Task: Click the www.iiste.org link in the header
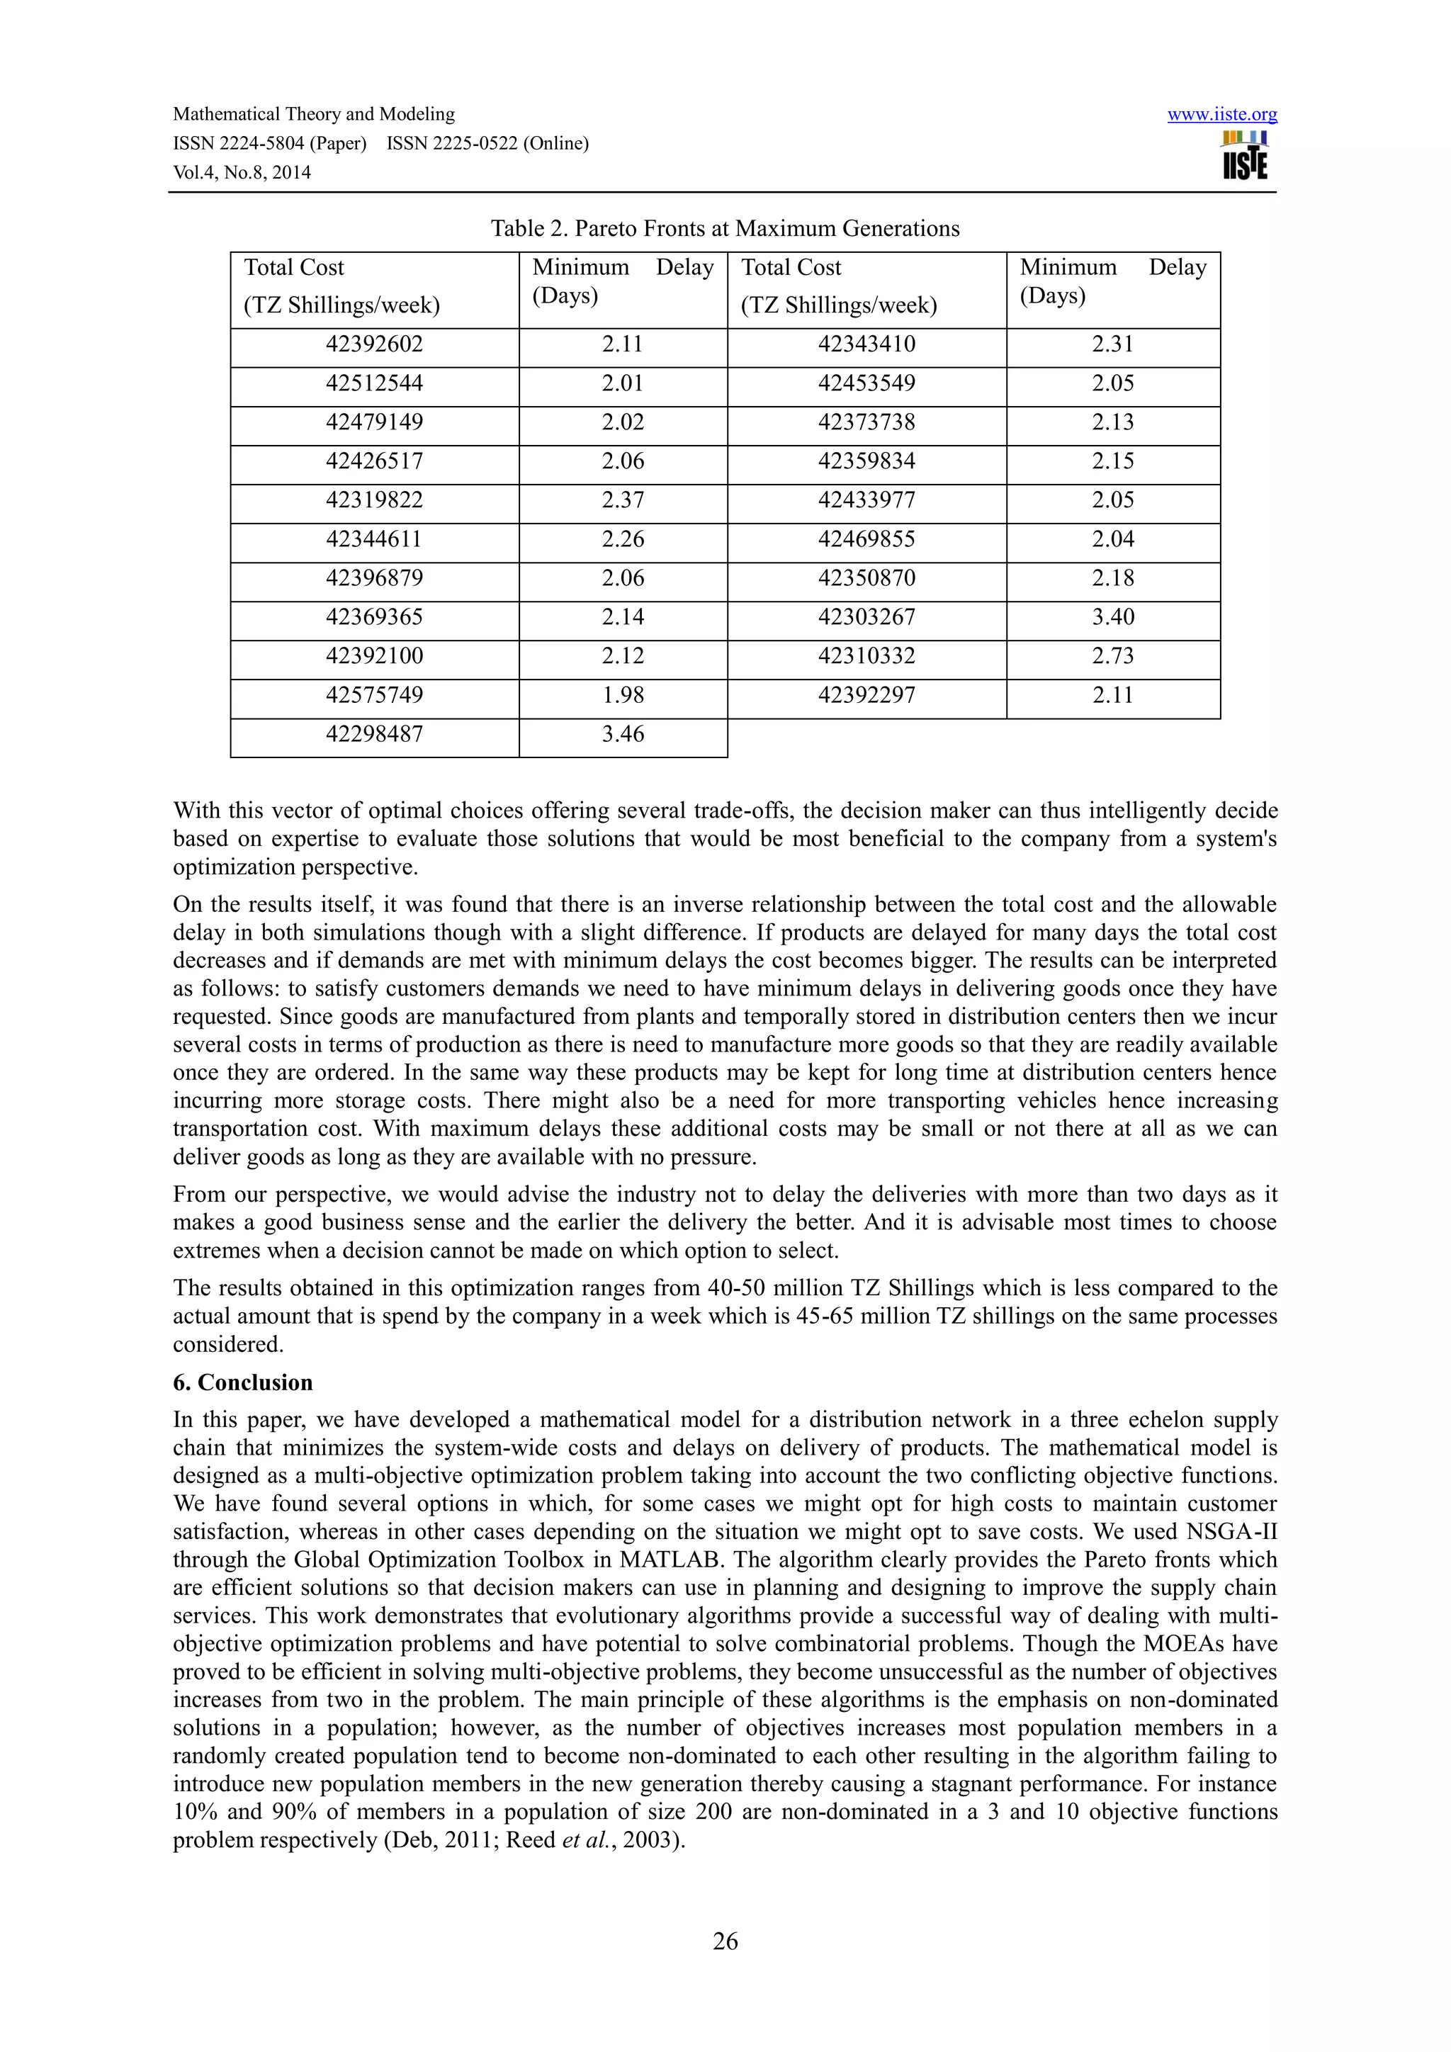(x=1221, y=114)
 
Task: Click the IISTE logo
(x=1245, y=157)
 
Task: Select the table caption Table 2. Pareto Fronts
(x=725, y=229)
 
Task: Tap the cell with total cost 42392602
(x=374, y=344)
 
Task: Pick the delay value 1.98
(x=623, y=695)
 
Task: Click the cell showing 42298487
(x=374, y=735)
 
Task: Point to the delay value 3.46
(x=623, y=735)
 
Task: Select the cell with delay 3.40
(x=1112, y=618)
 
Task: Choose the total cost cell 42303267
(x=866, y=618)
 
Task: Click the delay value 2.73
(x=1112, y=656)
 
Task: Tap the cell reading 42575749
(x=374, y=695)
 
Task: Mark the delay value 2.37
(x=623, y=500)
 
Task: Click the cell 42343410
(x=866, y=344)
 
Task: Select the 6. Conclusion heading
(x=243, y=1382)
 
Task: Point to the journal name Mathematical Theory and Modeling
(x=314, y=114)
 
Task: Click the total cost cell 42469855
(x=866, y=539)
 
